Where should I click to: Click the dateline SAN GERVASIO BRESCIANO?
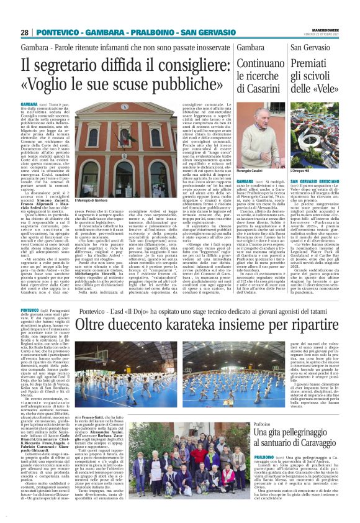point(314,183)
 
